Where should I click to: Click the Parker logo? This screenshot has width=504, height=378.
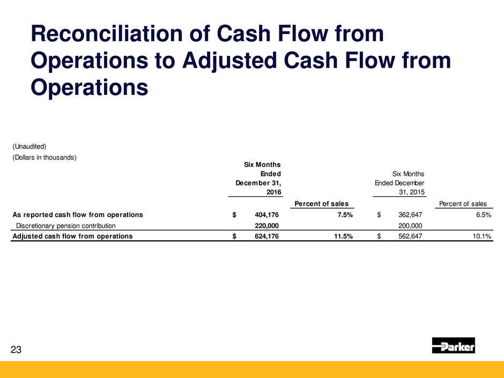tap(453, 345)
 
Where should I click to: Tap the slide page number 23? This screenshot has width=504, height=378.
tap(16, 350)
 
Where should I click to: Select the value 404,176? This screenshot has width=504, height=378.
tap(267, 214)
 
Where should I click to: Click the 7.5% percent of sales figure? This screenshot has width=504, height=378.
tap(345, 214)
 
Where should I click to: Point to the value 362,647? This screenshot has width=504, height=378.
tap(410, 214)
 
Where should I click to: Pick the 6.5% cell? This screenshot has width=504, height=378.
tap(484, 214)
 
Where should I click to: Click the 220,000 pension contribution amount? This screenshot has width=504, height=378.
tap(267, 226)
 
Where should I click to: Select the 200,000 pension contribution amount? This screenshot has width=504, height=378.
tap(410, 226)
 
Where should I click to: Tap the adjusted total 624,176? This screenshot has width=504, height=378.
tap(267, 236)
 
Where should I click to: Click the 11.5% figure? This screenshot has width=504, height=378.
tap(343, 236)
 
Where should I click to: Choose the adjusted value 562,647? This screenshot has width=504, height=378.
tap(410, 236)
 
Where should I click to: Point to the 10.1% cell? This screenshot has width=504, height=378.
tap(482, 236)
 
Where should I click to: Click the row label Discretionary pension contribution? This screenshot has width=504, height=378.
tap(65, 226)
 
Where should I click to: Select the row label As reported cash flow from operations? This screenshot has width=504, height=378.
tap(78, 214)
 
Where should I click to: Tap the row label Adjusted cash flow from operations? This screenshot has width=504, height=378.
tap(72, 236)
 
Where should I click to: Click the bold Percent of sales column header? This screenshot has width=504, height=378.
tap(321, 204)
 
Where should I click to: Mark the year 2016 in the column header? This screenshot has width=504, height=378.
tap(274, 192)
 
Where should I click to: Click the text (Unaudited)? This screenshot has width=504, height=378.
tap(29, 146)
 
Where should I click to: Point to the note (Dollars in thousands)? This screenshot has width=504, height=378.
tap(45, 158)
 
